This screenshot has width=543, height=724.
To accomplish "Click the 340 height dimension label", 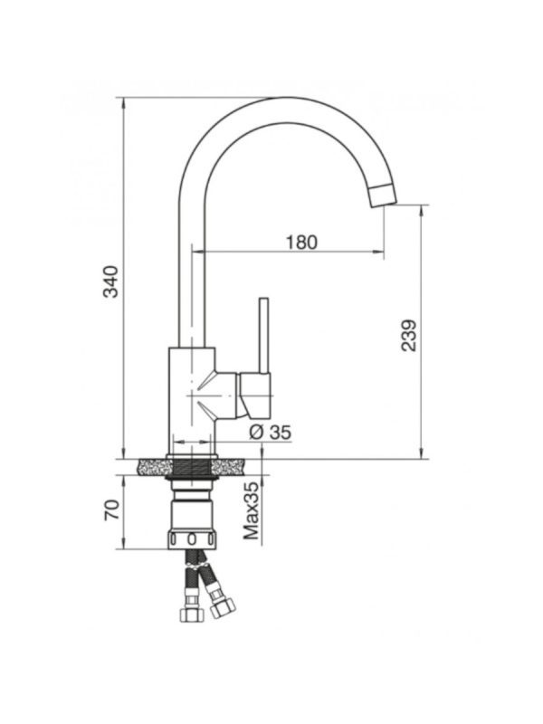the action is [110, 281].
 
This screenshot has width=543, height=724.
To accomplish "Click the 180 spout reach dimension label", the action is [302, 242].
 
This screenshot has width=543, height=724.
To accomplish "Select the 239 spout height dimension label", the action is [408, 335].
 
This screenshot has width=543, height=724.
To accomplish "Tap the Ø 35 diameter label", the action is [270, 433].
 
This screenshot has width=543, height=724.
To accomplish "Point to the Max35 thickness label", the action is [252, 511].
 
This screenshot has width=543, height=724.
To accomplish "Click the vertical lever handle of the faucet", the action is [263, 335].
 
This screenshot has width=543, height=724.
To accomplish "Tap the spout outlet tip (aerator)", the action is [383, 195].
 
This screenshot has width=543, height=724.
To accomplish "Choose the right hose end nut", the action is [222, 605].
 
